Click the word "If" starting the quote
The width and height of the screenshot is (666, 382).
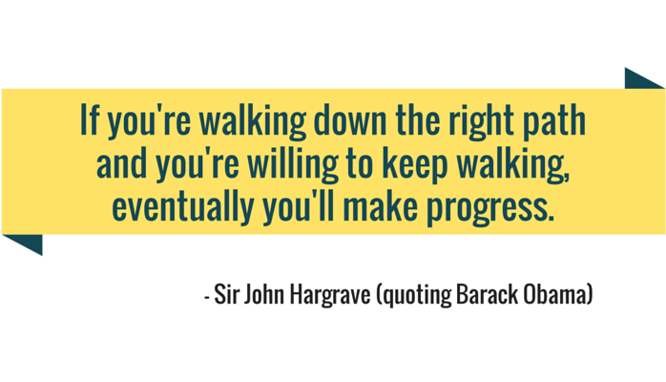90,120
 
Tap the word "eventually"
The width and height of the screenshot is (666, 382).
183,208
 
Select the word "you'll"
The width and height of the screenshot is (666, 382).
298,208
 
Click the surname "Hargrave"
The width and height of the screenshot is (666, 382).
330,295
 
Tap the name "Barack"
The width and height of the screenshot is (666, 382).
488,294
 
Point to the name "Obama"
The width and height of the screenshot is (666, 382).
555,294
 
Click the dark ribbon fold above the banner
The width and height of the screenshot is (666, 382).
640,81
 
